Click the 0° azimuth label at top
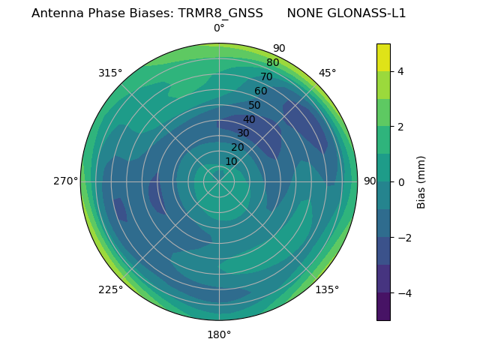(x=219, y=28)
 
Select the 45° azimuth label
(x=327, y=73)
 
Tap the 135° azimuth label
(x=327, y=289)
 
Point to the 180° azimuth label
(x=219, y=334)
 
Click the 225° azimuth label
(x=110, y=289)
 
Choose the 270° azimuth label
(x=66, y=181)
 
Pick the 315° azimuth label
(x=110, y=73)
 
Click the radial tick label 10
(x=231, y=161)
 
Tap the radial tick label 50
(x=254, y=106)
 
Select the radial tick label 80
(x=272, y=63)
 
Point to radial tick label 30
(x=243, y=133)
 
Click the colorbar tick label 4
(x=400, y=71)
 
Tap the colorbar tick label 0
(x=400, y=182)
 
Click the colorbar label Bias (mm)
(x=421, y=182)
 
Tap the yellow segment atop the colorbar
(x=383, y=57)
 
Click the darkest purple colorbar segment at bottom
(x=383, y=307)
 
